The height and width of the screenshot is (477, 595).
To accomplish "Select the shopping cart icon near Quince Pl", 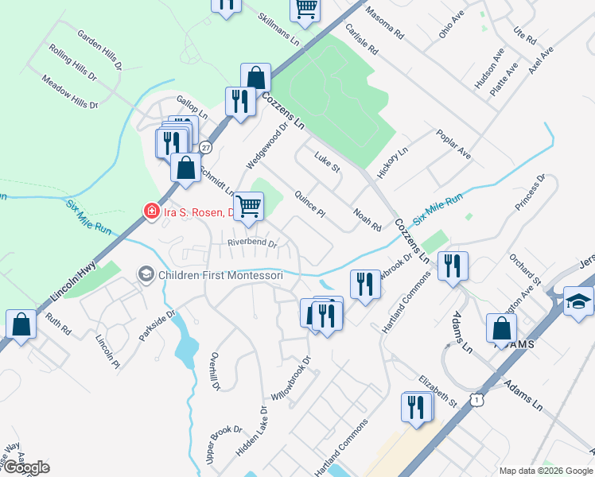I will click(250, 206).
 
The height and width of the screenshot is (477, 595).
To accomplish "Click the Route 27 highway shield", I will click(206, 148).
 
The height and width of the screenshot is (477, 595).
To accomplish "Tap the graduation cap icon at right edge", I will click(578, 301).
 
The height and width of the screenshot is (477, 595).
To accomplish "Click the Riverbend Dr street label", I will click(251, 243).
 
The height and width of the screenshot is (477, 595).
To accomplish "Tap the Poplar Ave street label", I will click(453, 142).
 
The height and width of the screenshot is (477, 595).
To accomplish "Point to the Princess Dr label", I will click(531, 193).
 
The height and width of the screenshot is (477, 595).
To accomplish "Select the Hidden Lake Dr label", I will click(253, 434).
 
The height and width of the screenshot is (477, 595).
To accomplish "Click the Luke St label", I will click(327, 163).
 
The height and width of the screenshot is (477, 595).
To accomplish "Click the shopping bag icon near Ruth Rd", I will click(21, 324).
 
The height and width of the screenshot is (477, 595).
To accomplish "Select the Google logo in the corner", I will click(26, 467).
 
